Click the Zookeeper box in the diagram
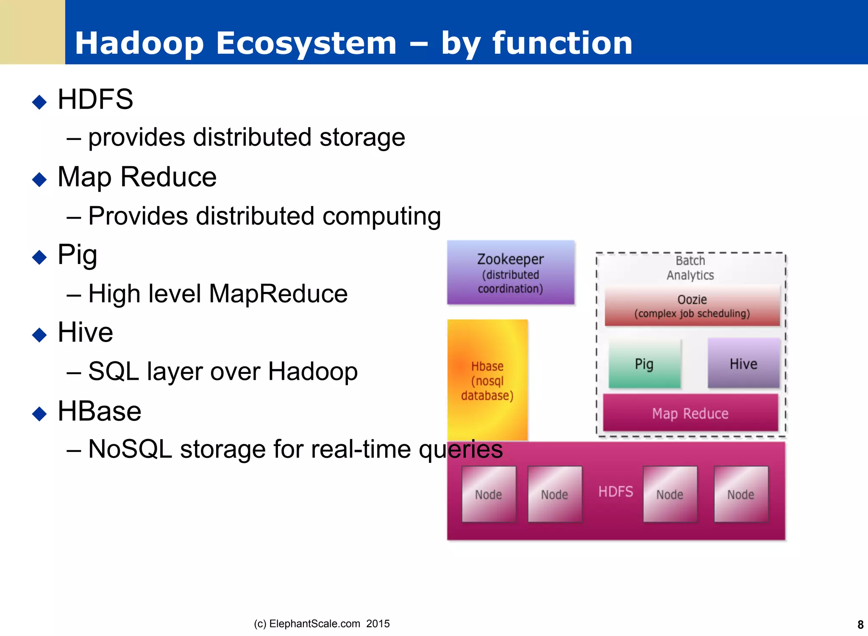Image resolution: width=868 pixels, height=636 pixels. [x=511, y=272]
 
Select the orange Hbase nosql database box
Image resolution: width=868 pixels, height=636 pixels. [x=487, y=380]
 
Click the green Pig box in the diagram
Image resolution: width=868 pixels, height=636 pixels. [x=644, y=364]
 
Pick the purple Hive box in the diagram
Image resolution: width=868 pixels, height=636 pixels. [x=743, y=364]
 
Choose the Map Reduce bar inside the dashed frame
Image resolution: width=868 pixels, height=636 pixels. [x=690, y=413]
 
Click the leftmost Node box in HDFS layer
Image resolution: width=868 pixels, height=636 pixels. [x=488, y=494]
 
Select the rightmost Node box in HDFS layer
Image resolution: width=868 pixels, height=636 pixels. [x=741, y=494]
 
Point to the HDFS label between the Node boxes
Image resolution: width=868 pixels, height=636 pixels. [x=615, y=492]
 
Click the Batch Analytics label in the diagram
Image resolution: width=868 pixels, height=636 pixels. [x=690, y=268]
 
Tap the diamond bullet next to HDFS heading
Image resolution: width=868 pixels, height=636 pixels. [x=39, y=102]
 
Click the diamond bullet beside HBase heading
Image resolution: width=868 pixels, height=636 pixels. [x=39, y=414]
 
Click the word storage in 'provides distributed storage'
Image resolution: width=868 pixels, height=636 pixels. [x=362, y=137]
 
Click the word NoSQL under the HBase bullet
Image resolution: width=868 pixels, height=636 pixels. [x=130, y=449]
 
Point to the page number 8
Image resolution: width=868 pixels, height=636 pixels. [x=860, y=625]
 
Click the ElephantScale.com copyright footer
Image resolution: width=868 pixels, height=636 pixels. [x=321, y=624]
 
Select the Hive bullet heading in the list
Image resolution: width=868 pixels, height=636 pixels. [x=85, y=332]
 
